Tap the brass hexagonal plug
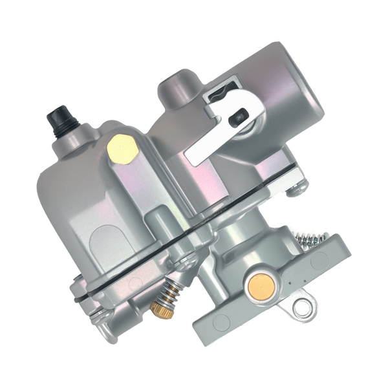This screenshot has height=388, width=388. click(122, 149)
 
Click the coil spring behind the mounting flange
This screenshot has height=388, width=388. click(310, 237)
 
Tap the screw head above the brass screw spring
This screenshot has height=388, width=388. click(187, 263)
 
